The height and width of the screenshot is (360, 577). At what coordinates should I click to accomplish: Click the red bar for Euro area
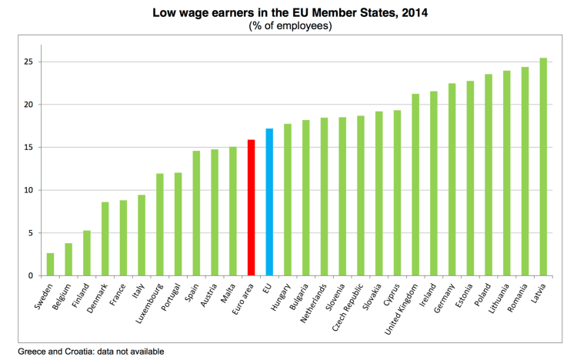[x=251, y=208]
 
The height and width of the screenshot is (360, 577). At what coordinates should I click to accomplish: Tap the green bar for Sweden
[x=50, y=265]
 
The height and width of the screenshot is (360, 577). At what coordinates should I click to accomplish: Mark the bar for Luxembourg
[x=160, y=225]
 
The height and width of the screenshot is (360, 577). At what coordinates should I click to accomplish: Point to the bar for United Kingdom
[x=415, y=185]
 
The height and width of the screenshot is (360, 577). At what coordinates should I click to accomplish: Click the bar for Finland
[x=87, y=253]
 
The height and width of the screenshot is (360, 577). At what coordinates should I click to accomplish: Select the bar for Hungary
[x=288, y=200]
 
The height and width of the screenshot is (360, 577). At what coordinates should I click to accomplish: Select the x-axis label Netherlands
[x=311, y=303]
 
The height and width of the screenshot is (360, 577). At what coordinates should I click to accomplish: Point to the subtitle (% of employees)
[x=289, y=25]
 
